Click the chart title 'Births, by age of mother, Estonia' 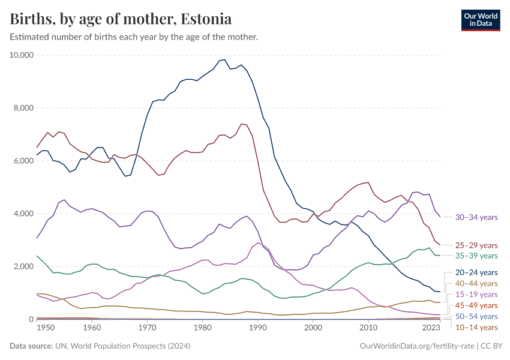(x=121, y=19)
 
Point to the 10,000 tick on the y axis (x=22, y=55)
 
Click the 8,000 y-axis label (x=23, y=108)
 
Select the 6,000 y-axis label (x=23, y=161)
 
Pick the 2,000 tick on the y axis (x=23, y=266)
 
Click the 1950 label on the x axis (x=46, y=328)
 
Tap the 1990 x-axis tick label (x=257, y=328)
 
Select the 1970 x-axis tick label (x=147, y=328)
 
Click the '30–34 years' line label (x=476, y=217)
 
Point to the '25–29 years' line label (x=476, y=245)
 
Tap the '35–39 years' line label (x=476, y=256)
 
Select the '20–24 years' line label (x=476, y=272)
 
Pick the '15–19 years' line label (x=476, y=294)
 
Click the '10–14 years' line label (x=476, y=327)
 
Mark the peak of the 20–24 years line (x=224, y=59)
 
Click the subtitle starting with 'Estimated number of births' (x=134, y=37)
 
